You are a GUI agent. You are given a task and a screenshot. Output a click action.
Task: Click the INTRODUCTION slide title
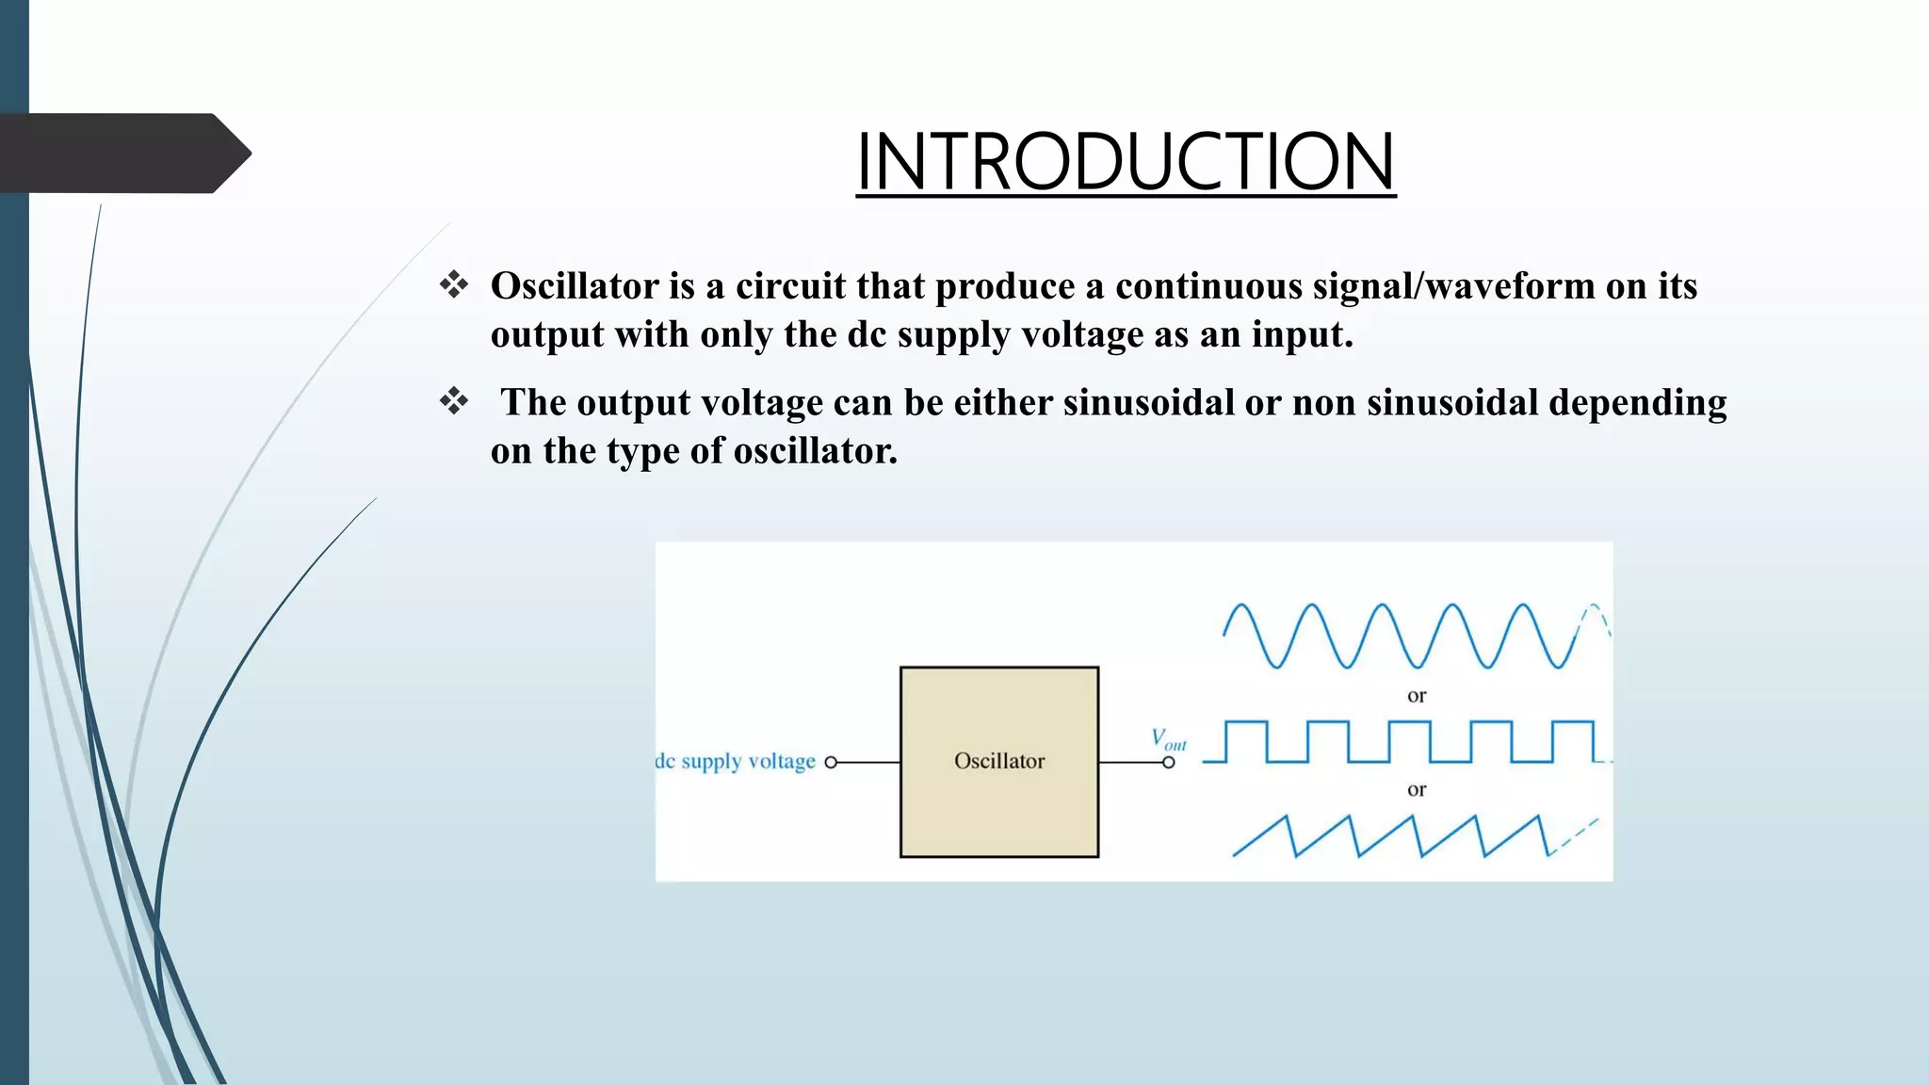(x=1125, y=162)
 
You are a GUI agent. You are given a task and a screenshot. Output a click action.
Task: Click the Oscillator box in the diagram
(x=998, y=761)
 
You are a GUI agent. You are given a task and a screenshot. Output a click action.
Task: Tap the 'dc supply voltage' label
(x=736, y=761)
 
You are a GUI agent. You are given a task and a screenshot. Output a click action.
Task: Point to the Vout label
(x=1168, y=739)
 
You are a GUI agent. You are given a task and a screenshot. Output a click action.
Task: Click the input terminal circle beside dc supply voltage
(x=831, y=763)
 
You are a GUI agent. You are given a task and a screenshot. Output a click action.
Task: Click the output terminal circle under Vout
(x=1168, y=763)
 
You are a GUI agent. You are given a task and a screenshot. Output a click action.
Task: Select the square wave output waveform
(x=1403, y=741)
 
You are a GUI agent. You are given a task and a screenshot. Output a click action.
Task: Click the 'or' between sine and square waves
(x=1416, y=696)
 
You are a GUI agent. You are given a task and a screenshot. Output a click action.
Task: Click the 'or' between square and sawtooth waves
(x=1416, y=789)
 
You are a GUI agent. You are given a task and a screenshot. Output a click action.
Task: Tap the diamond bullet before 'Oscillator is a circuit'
(x=454, y=284)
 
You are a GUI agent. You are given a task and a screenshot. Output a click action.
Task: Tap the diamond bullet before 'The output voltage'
(x=454, y=401)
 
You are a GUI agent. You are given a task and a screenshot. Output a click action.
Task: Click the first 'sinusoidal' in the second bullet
(x=1148, y=403)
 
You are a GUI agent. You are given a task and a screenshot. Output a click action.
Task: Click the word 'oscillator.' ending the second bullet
(x=815, y=451)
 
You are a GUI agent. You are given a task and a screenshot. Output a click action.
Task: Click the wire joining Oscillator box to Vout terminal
(x=1130, y=763)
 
